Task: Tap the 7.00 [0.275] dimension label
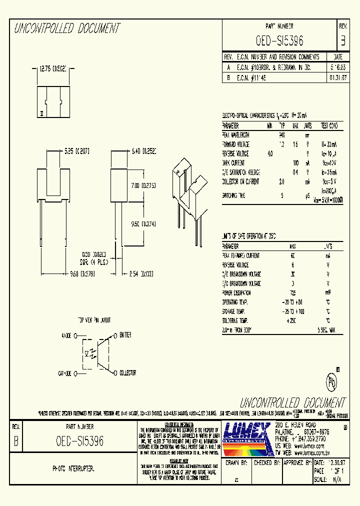(142, 185)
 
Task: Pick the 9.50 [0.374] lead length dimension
(143, 224)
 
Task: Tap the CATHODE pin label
(66, 373)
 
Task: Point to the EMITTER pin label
(125, 335)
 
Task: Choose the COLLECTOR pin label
(127, 373)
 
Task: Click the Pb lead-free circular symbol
(332, 382)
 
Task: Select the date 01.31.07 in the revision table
(335, 78)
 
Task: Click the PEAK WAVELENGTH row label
(235, 135)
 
